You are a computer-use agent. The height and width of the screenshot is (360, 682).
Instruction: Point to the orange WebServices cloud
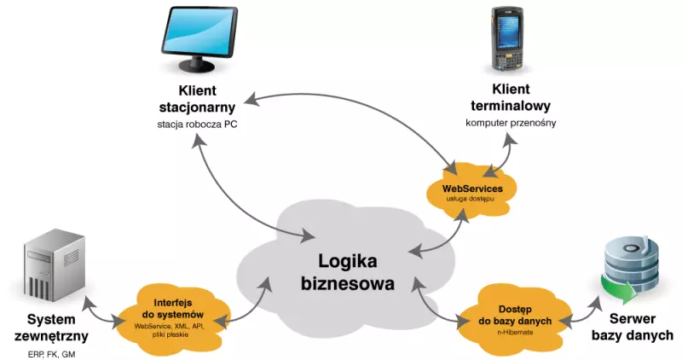point(471,189)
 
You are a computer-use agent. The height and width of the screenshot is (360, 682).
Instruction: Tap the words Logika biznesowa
point(348,272)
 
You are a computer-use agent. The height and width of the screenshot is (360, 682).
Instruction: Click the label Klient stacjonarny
point(197,100)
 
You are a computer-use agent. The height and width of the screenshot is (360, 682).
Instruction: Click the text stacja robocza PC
point(197,125)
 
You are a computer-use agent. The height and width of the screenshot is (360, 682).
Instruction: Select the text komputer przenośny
point(511,123)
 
